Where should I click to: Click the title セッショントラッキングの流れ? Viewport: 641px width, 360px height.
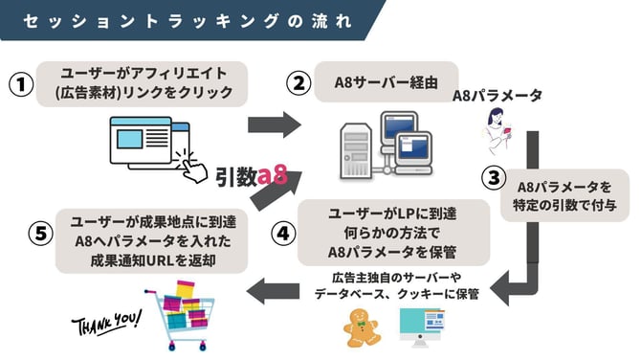pyautogui.click(x=177, y=20)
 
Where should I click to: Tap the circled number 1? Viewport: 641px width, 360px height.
pyautogui.click(x=20, y=84)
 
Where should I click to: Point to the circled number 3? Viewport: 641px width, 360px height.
pyautogui.click(x=493, y=177)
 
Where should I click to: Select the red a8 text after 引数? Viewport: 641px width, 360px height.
pyautogui.click(x=274, y=176)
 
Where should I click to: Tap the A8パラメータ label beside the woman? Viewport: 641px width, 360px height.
pyautogui.click(x=497, y=96)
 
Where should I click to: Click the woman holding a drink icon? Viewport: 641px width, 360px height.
pyautogui.click(x=498, y=128)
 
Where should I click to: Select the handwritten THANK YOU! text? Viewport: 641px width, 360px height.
pyautogui.click(x=108, y=323)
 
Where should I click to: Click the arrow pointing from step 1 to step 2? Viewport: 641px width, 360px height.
pyautogui.click(x=273, y=124)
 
